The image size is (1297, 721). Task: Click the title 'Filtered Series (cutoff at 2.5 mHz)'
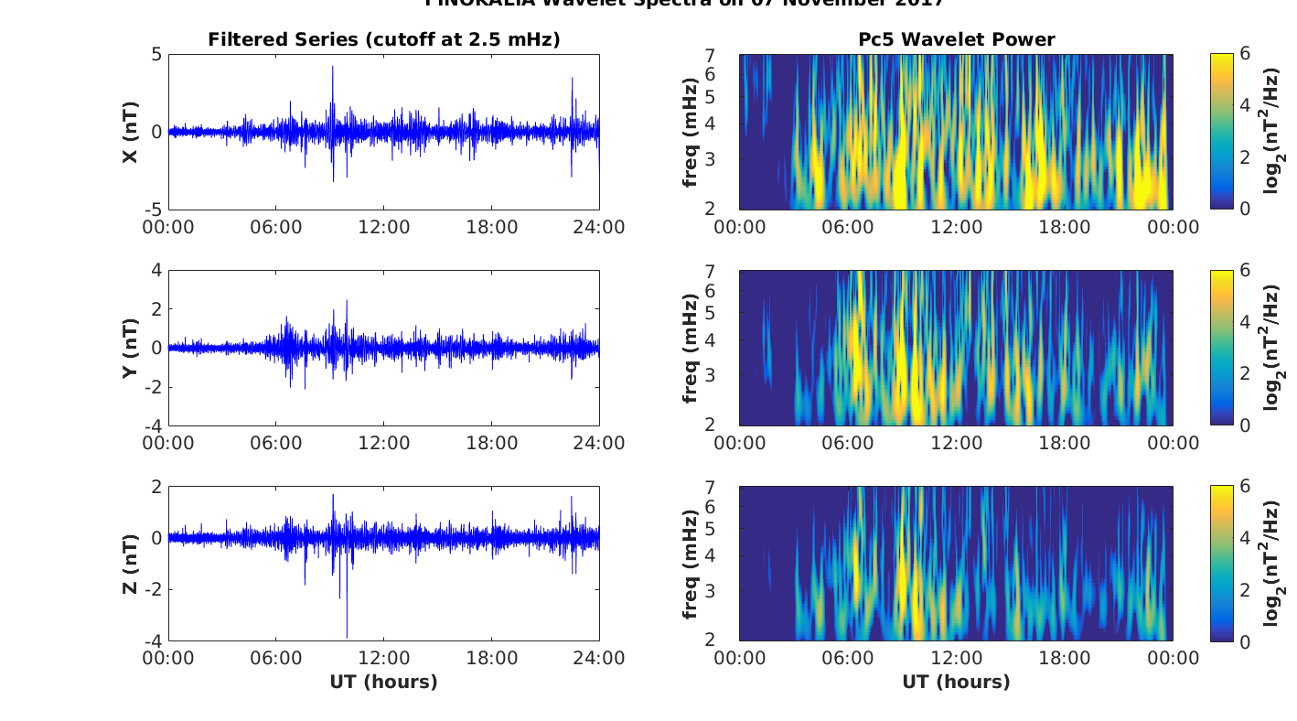pos(383,39)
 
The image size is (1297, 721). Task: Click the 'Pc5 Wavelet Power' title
pos(956,39)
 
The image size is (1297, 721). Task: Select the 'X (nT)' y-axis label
pos(131,132)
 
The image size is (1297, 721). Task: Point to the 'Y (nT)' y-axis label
pos(131,348)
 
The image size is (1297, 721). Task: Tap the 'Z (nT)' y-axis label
pos(131,563)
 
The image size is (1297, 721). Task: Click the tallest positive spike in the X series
pos(333,67)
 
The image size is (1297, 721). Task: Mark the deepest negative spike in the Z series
pos(347,637)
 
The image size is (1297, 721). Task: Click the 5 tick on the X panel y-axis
pos(156,55)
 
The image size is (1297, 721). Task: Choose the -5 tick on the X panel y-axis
pos(153,210)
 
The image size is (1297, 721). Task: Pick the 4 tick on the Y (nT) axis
pos(156,271)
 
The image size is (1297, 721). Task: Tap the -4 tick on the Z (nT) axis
pos(153,640)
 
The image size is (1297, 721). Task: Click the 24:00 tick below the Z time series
pos(599,659)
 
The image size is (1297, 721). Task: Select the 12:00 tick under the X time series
pos(383,227)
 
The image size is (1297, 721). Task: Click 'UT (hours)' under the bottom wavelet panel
pos(956,682)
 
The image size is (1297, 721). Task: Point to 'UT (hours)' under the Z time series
pos(383,682)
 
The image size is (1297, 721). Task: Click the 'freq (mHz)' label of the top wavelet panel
pos(691,132)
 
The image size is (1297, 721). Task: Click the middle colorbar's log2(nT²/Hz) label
pos(1272,348)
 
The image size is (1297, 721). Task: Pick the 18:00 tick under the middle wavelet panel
pos(1065,443)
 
